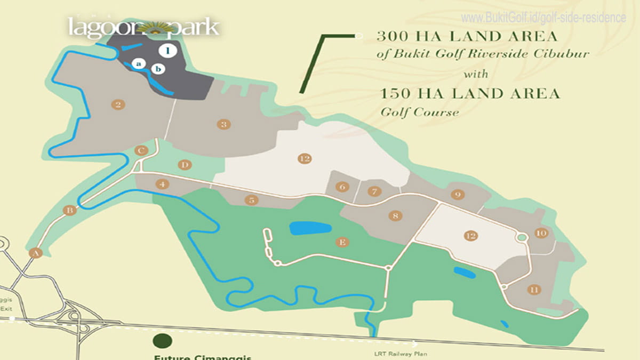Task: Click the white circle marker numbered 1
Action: coord(169,51)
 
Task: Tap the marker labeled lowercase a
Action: coord(139,64)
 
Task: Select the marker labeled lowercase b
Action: coord(158,69)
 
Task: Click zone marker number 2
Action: coord(117,105)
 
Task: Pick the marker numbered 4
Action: coord(162,185)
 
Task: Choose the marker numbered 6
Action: coord(342,187)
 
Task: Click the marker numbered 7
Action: coord(375,191)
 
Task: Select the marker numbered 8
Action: coord(395,216)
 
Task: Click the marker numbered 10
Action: coord(541,233)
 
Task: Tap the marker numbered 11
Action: coord(534,290)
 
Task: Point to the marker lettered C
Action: coord(141,151)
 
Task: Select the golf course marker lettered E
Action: coord(343,243)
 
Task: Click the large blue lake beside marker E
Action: coord(310,228)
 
